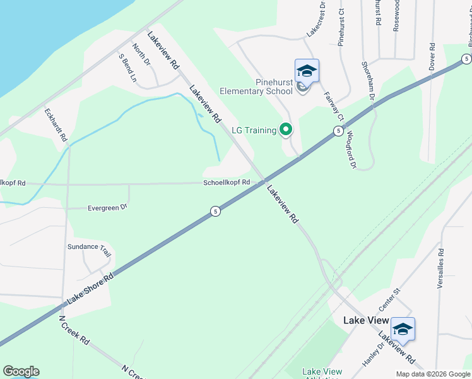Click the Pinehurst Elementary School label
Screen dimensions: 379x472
pos(256,87)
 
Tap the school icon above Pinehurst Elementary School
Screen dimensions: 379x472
pos(307,70)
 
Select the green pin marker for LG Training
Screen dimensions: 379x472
pos(286,129)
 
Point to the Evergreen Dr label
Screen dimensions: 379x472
pos(107,207)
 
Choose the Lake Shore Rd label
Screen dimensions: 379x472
pos(90,286)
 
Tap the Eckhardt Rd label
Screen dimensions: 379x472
pos(56,124)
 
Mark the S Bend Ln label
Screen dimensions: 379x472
pos(127,68)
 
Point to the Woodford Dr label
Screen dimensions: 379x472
pos(350,150)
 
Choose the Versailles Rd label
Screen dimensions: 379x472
pos(440,268)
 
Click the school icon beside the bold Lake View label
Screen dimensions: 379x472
pos(403,328)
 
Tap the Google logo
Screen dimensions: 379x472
pos(21,371)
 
